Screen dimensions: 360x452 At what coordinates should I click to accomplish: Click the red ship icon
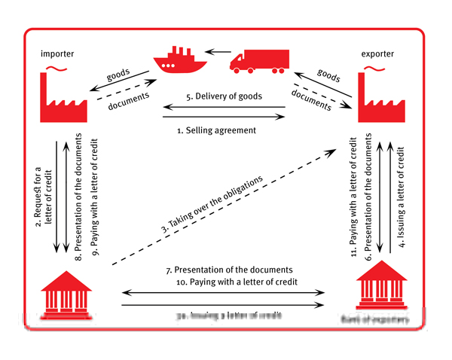pos(179,62)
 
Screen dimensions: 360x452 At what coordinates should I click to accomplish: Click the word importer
pos(60,53)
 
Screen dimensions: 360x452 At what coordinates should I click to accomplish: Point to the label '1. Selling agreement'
pos(216,130)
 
